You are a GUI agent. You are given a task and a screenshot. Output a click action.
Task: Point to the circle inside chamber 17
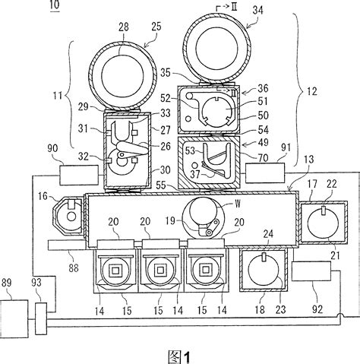click(x=321, y=223)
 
